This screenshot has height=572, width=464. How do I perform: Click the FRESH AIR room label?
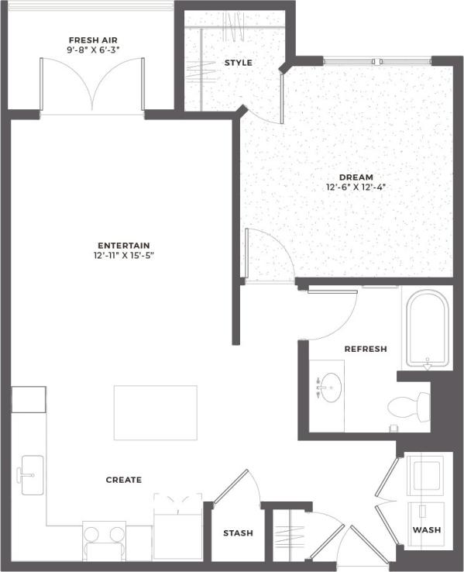click(x=92, y=40)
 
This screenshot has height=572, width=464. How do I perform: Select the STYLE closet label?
click(x=238, y=63)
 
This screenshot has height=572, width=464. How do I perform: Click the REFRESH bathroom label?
click(x=366, y=350)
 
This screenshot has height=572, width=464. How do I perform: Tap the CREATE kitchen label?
click(x=124, y=480)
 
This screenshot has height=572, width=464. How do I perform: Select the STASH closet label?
click(x=238, y=533)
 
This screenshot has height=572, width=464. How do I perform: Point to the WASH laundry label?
click(x=426, y=530)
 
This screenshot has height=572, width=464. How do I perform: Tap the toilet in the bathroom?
click(x=410, y=405)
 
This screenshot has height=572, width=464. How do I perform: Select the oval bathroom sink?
click(x=332, y=385)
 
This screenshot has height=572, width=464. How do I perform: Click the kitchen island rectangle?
click(x=155, y=412)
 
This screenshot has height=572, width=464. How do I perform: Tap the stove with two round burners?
click(x=105, y=536)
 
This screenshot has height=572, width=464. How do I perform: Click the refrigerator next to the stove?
click(x=177, y=530)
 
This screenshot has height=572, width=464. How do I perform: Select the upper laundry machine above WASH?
click(x=424, y=474)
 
